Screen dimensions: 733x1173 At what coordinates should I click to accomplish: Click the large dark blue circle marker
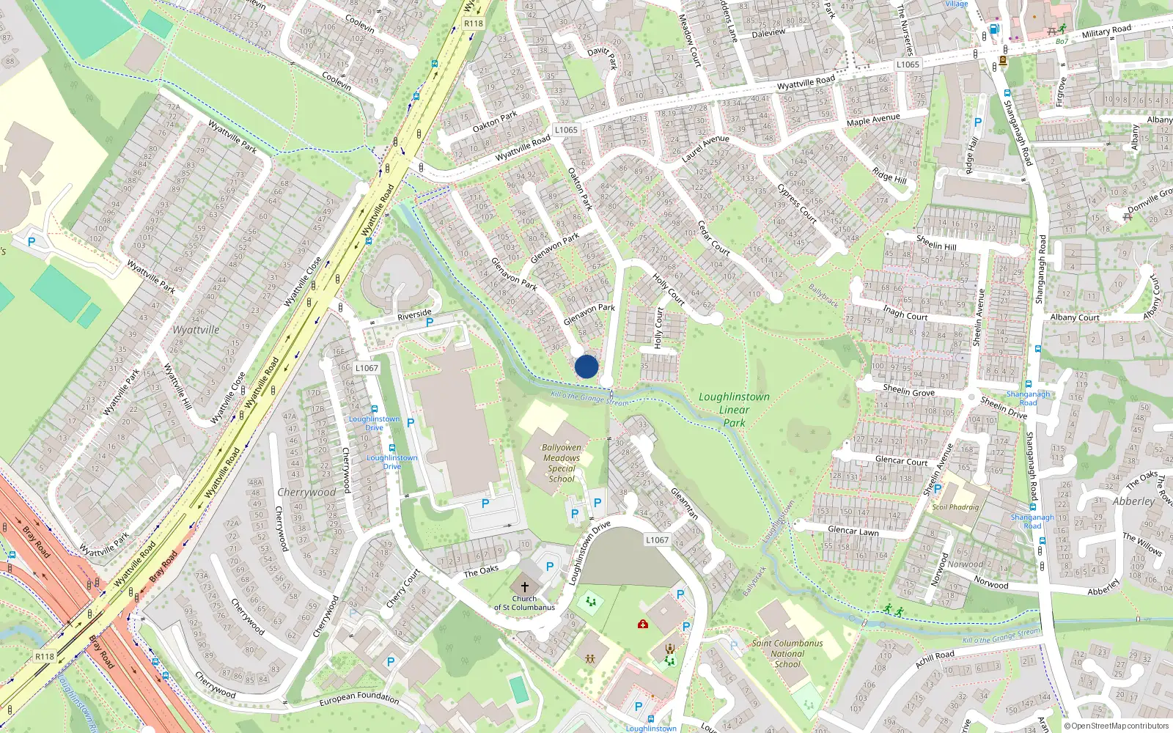[x=586, y=366]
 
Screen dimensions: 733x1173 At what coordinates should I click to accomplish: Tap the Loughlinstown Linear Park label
[x=734, y=409]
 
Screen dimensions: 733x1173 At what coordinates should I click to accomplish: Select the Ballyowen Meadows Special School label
[x=562, y=463]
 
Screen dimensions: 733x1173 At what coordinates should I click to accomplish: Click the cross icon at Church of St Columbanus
[x=524, y=587]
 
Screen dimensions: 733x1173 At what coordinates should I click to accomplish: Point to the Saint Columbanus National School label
[x=787, y=653]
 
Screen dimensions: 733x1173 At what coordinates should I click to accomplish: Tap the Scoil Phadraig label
[x=955, y=507]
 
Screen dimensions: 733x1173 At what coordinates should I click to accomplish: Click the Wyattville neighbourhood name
[x=196, y=330]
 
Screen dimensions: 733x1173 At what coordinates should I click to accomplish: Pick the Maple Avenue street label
[x=872, y=119]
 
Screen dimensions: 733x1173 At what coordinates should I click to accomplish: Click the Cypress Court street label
[x=797, y=203]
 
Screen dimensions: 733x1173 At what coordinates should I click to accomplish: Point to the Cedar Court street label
[x=713, y=237]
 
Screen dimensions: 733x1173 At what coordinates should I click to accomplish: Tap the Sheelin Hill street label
[x=936, y=243]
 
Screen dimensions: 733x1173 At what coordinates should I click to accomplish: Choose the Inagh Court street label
[x=905, y=313]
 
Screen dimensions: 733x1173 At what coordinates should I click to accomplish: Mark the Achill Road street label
[x=935, y=659]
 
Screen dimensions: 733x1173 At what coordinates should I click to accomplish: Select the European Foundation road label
[x=359, y=699]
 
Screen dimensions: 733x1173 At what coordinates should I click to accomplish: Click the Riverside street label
[x=414, y=314]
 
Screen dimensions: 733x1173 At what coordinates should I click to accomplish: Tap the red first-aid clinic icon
[x=643, y=624]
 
